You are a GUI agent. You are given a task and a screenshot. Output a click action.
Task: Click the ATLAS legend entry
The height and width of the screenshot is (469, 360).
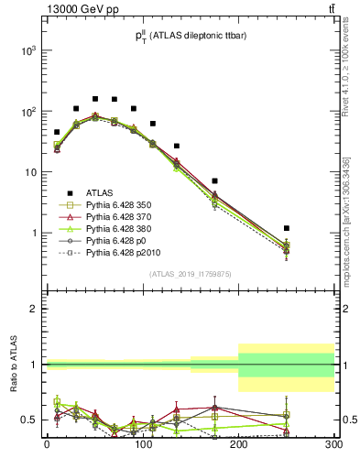(x=101, y=192)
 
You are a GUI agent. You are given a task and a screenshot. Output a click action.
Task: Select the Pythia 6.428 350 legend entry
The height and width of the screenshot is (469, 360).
(x=122, y=205)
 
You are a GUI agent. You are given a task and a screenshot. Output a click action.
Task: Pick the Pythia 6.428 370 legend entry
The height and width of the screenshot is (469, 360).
(x=122, y=217)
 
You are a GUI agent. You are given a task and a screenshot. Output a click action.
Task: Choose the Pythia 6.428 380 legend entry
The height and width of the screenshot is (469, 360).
(x=122, y=229)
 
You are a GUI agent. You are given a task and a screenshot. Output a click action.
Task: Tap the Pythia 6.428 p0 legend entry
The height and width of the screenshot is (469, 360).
(x=118, y=241)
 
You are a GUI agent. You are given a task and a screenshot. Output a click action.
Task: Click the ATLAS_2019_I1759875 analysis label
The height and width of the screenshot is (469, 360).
(x=190, y=273)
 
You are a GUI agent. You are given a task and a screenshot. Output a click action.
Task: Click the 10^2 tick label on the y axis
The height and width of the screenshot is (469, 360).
(x=27, y=112)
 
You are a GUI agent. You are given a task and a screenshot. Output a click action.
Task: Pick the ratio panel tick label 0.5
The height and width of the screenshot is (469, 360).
(x=29, y=420)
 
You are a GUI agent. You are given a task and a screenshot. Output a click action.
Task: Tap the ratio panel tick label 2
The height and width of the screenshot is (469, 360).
(x=35, y=309)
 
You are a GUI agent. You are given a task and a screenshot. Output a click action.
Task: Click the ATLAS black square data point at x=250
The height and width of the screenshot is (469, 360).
(x=287, y=228)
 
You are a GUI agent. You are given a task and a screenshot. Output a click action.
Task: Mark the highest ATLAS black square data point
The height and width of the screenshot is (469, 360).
(x=95, y=98)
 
